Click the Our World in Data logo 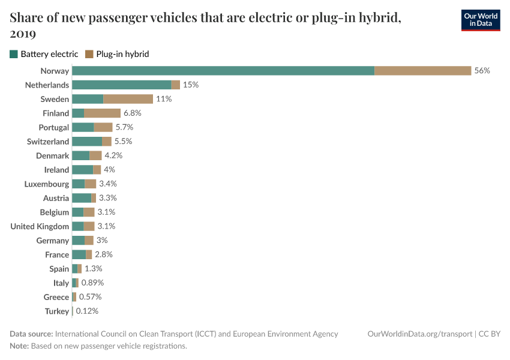pos(480,20)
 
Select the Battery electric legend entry pos(44,54)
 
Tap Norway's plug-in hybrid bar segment pos(422,71)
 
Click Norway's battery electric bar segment pos(223,71)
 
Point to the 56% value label pos(482,71)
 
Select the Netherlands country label pos(47,85)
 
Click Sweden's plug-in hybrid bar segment pos(128,99)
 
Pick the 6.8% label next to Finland pos(133,113)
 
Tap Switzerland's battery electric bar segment pos(87,142)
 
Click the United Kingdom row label pos(40,226)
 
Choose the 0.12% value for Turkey pos(87,311)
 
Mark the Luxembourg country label pos(47,184)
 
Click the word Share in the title pos(26,18)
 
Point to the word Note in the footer pos(19,346)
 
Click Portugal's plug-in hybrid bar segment pos(103,127)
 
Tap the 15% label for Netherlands pos(191,85)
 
